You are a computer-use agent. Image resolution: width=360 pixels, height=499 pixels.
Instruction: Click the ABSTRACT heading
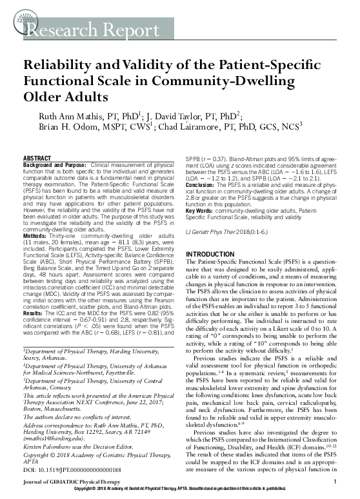click(x=37, y=158)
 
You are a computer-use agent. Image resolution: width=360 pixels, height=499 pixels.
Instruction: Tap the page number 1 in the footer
click(x=337, y=482)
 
